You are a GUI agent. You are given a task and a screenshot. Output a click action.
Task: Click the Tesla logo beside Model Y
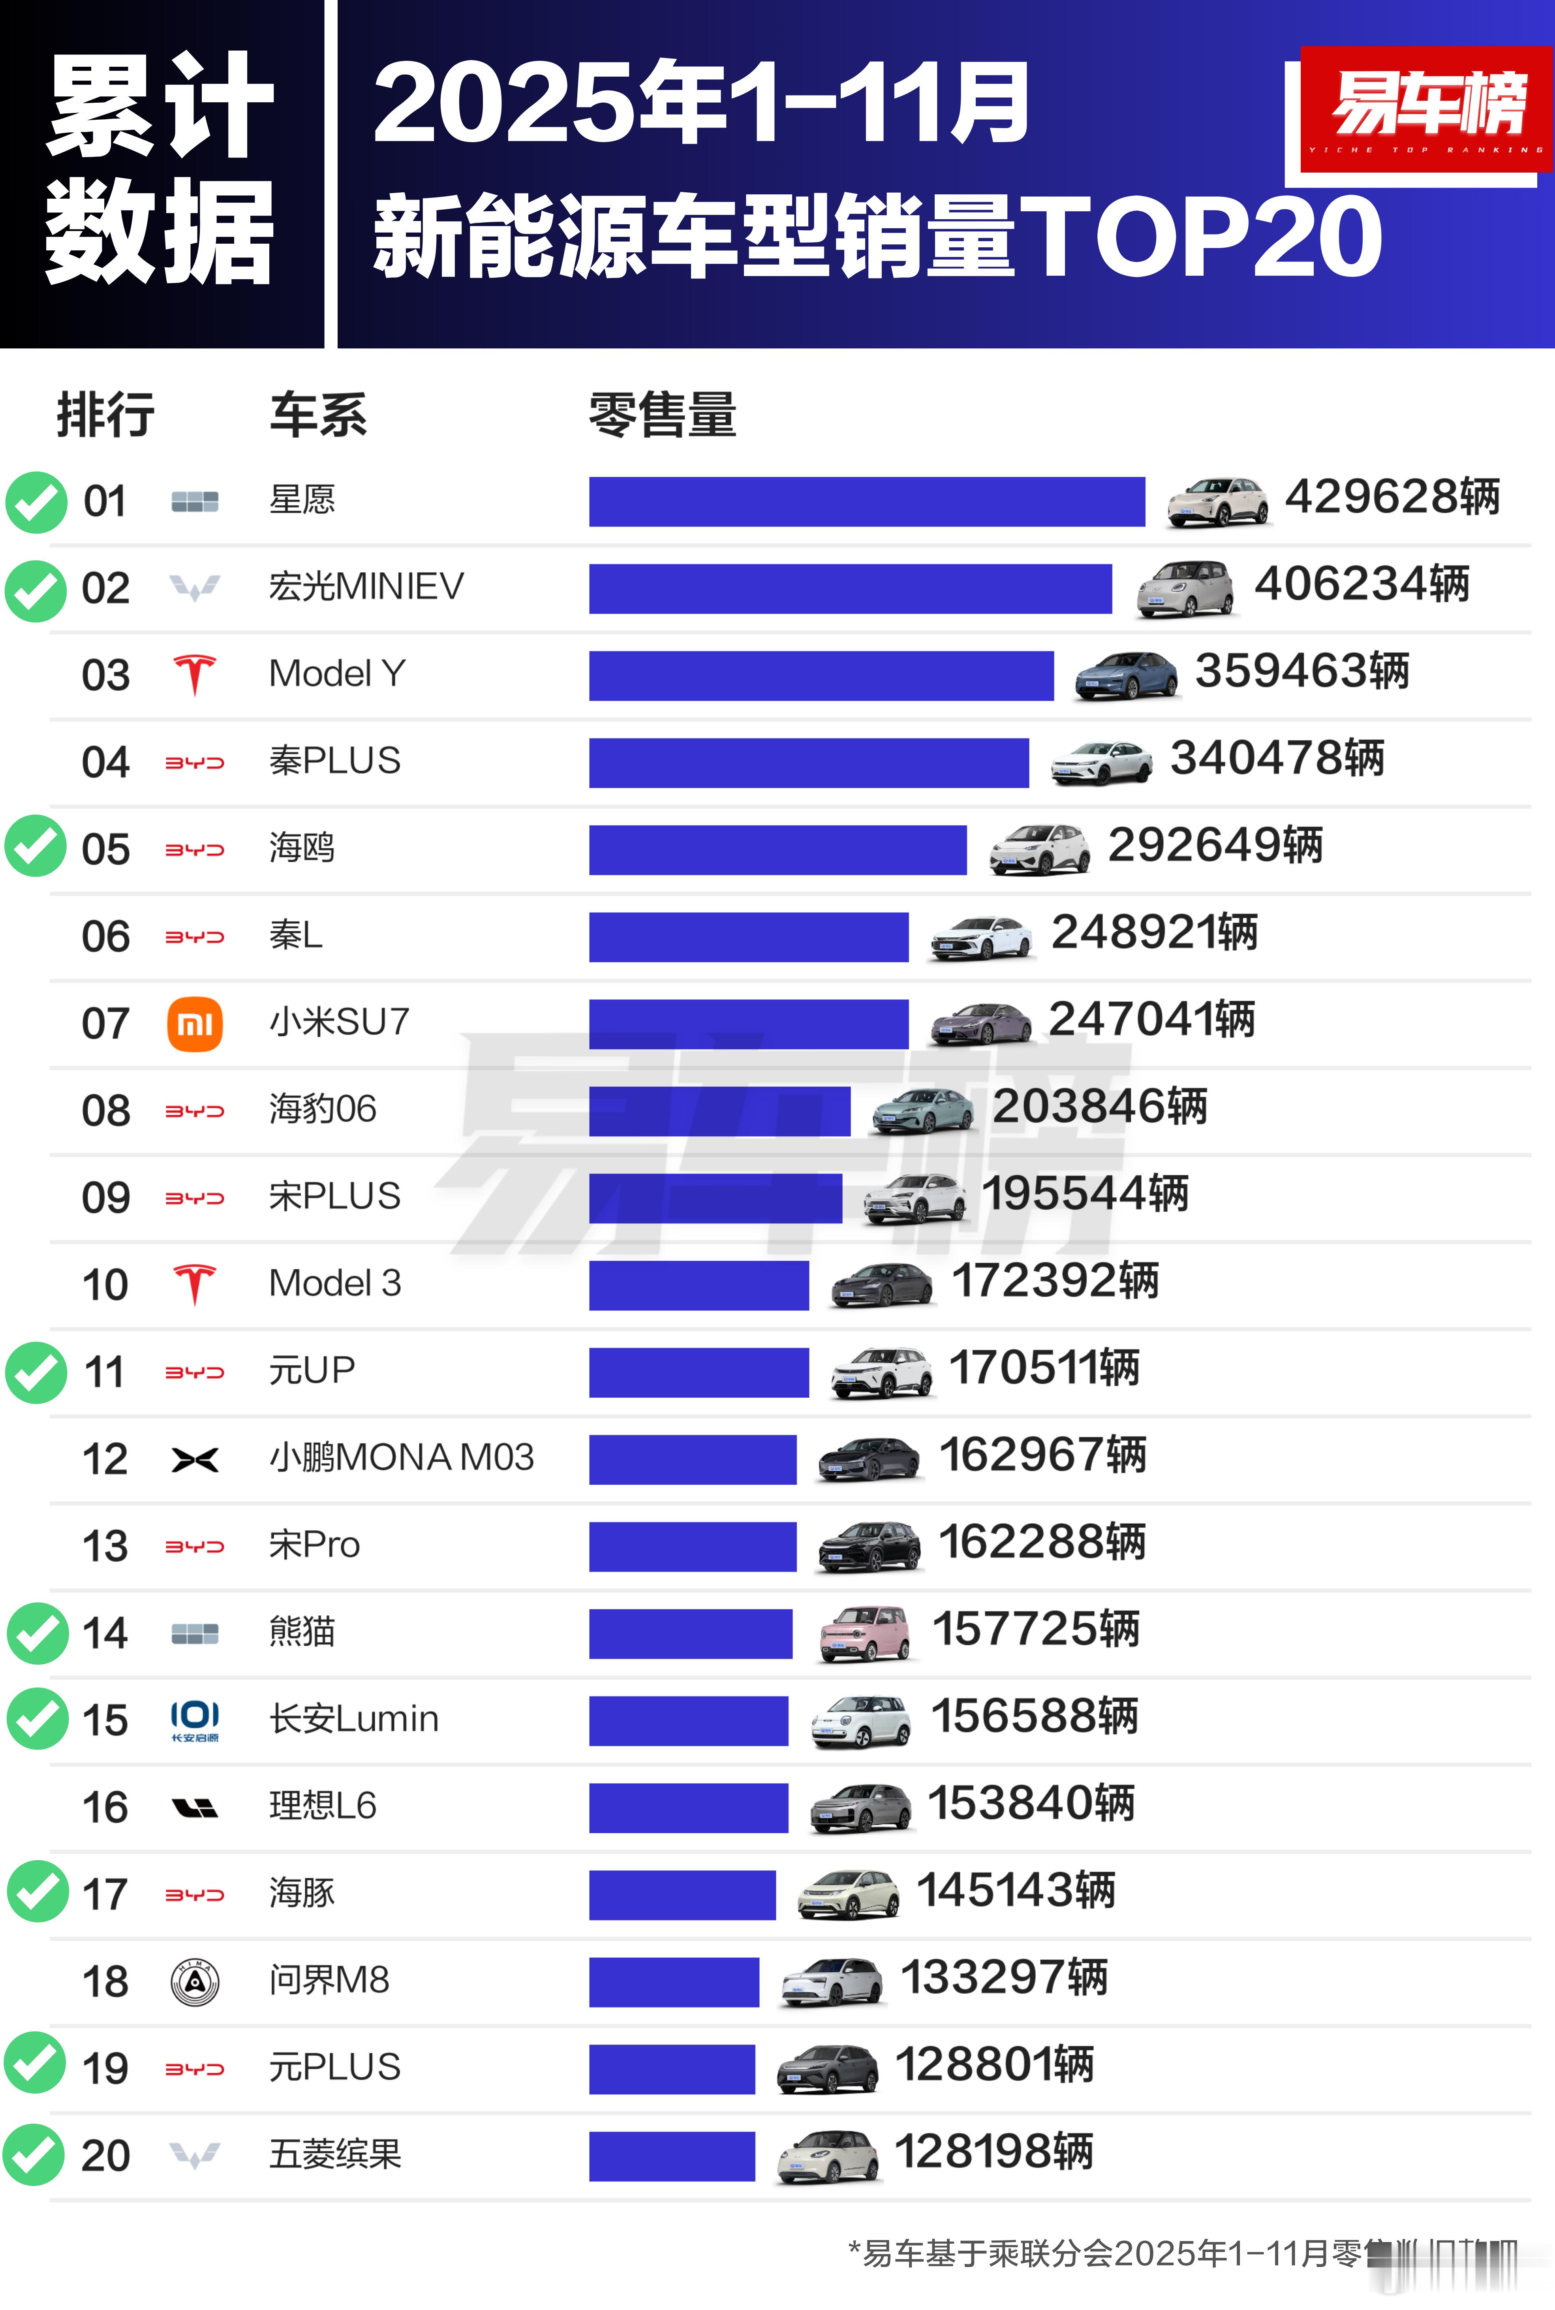[x=194, y=675]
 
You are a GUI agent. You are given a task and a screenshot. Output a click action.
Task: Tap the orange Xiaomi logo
[x=194, y=1024]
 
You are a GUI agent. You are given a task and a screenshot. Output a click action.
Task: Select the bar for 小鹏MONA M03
[x=692, y=1459]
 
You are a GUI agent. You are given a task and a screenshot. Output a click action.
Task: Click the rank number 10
[x=105, y=1284]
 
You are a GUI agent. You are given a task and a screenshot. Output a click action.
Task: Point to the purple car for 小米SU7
[x=980, y=1022]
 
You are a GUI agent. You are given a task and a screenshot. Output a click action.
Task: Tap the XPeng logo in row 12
[x=194, y=1459]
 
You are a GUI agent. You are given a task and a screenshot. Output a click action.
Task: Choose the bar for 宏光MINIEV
[x=850, y=589]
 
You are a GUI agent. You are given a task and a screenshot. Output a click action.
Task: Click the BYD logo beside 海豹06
[x=194, y=1111]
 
